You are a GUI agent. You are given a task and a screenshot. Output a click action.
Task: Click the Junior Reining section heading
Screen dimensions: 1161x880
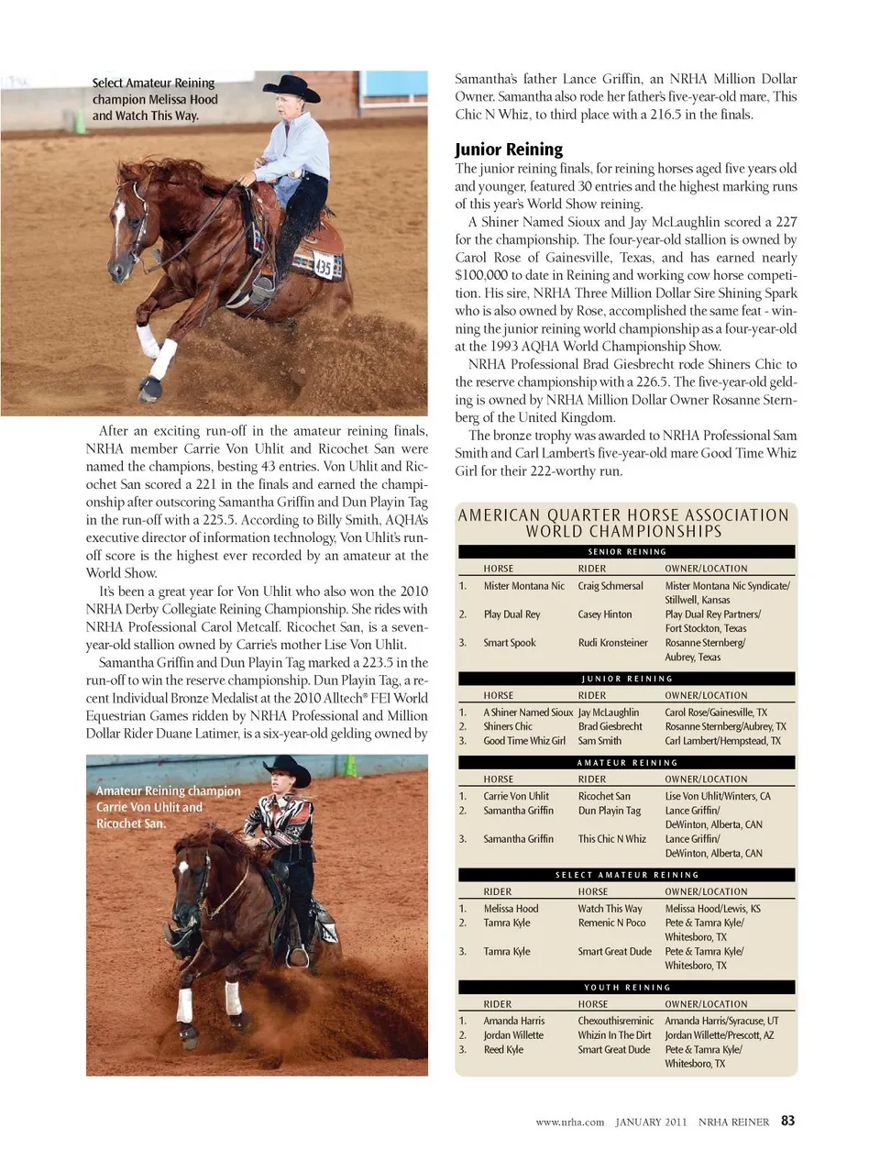click(509, 149)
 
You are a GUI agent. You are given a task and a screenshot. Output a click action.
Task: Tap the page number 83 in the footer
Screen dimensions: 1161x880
click(788, 1121)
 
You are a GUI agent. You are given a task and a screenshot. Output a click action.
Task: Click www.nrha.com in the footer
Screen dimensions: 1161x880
click(570, 1122)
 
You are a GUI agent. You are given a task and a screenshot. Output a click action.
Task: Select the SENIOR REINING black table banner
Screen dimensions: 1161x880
click(627, 552)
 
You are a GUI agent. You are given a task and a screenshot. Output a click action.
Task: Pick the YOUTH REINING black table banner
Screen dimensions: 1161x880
click(627, 988)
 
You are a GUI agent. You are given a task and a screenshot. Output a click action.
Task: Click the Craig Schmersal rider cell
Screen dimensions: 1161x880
click(610, 586)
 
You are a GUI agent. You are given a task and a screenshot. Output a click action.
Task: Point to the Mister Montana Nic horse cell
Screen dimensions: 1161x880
click(524, 586)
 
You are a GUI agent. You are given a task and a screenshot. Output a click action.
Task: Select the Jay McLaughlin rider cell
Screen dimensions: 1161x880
click(609, 713)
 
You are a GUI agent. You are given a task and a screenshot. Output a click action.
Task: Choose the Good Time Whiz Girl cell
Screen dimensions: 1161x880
click(524, 741)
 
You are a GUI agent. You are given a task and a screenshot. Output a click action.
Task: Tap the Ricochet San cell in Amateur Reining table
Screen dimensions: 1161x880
click(604, 797)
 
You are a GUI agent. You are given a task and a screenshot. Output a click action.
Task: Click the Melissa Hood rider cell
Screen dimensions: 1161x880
click(511, 909)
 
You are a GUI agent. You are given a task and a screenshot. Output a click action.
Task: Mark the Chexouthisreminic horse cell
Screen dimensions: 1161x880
click(616, 1021)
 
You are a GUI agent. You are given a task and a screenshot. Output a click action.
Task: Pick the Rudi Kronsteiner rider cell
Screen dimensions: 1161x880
click(612, 643)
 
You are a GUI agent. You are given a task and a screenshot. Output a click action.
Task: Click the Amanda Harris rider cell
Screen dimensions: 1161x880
click(514, 1021)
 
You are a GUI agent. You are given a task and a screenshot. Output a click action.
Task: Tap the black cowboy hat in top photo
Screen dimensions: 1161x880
click(292, 88)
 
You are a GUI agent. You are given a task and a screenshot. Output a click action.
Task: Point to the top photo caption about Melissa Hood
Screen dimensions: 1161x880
click(155, 99)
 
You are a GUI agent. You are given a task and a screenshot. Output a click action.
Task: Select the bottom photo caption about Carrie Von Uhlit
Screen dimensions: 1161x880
click(169, 807)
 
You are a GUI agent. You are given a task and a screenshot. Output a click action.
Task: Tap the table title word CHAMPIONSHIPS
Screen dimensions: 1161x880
click(623, 532)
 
